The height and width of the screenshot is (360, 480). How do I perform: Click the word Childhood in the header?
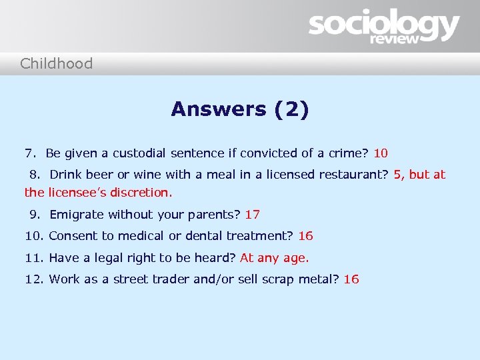(56, 64)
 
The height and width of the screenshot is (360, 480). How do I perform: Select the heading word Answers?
(218, 109)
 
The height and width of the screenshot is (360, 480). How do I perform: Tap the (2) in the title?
(291, 109)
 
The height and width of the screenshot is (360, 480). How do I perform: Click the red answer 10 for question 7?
(381, 153)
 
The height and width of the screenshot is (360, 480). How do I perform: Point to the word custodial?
(139, 153)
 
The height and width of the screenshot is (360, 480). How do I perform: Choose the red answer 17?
(253, 215)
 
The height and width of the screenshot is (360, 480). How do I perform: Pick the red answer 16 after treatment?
(305, 236)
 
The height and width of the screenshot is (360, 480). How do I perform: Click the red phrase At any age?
(274, 257)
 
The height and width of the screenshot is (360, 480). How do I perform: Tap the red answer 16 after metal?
(351, 279)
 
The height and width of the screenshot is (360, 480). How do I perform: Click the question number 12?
(33, 279)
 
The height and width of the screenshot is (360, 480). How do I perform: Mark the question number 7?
(29, 153)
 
